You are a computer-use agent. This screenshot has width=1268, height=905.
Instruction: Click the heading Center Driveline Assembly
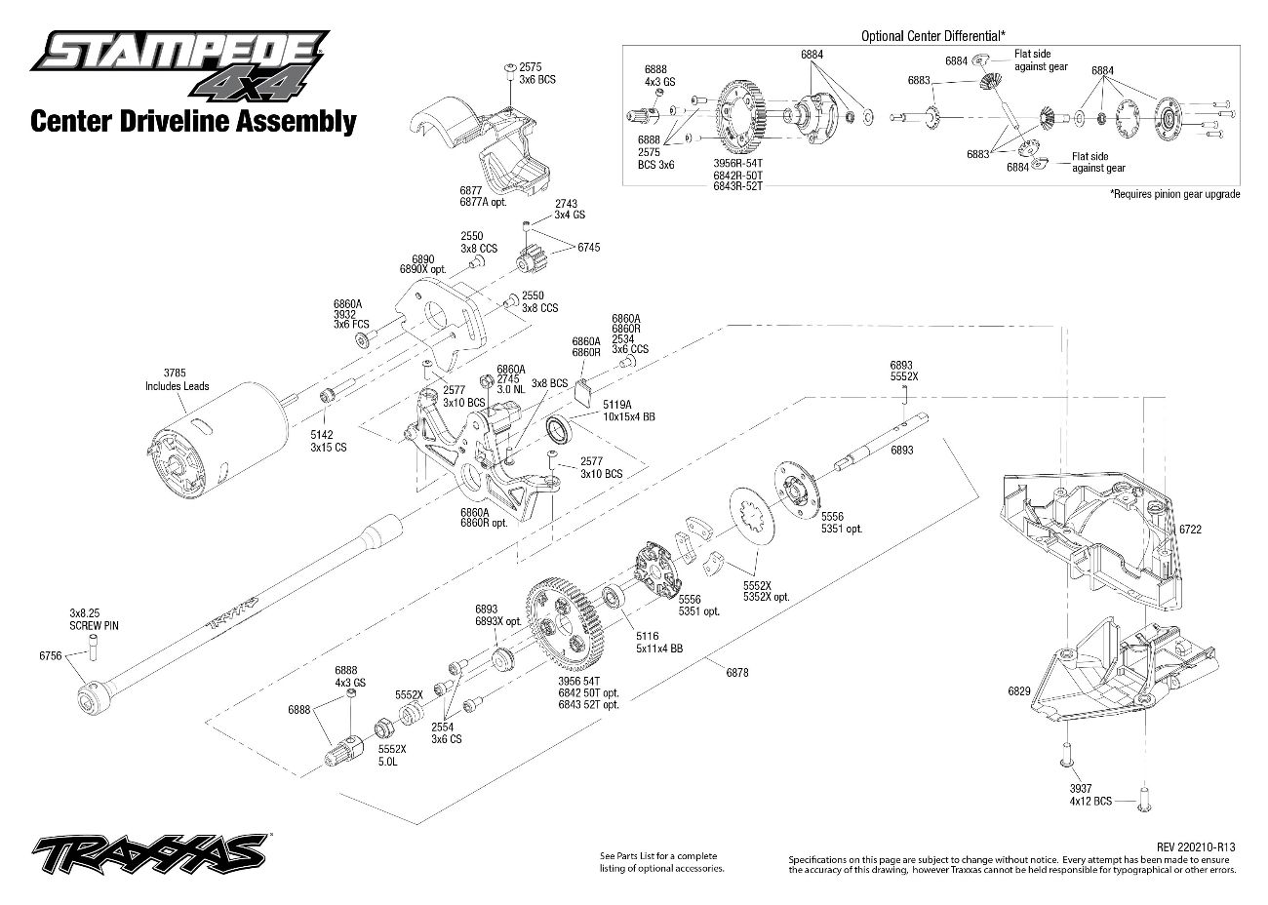[x=193, y=121]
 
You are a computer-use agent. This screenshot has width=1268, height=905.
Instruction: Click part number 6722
[x=1190, y=528]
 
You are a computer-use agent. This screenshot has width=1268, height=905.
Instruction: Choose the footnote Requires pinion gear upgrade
[x=1174, y=194]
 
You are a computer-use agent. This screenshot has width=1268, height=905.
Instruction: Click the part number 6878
[x=737, y=672]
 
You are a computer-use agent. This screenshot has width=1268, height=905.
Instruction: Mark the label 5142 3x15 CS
[x=321, y=441]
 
